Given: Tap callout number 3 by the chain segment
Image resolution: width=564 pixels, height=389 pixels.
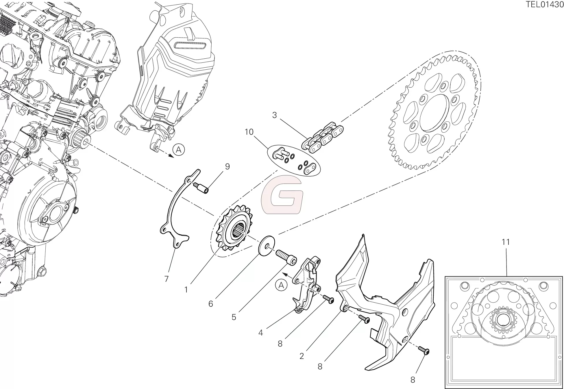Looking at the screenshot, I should click(274, 115).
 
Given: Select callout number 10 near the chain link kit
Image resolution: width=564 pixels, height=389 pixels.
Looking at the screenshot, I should click(249, 132).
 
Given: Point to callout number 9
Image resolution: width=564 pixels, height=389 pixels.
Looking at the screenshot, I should click(227, 167).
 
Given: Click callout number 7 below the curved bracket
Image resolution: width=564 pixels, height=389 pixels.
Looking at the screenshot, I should click(166, 279).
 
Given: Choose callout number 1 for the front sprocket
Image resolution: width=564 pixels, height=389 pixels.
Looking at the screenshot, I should click(186, 289).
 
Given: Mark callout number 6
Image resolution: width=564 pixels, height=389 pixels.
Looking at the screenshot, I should click(210, 304).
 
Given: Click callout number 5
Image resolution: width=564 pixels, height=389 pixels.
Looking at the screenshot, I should click(234, 317).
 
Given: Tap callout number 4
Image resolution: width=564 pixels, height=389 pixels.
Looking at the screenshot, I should click(260, 333).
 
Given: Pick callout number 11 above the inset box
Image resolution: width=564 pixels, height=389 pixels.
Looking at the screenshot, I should click(505, 242).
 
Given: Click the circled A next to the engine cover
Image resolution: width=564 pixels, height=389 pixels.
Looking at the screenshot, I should click(179, 150).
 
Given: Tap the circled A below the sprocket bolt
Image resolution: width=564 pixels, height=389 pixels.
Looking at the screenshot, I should click(281, 286).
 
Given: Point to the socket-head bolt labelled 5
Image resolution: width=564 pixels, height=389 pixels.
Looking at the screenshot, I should click(286, 257).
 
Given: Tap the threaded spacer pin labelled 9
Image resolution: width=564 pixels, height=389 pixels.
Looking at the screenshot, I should click(201, 188).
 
